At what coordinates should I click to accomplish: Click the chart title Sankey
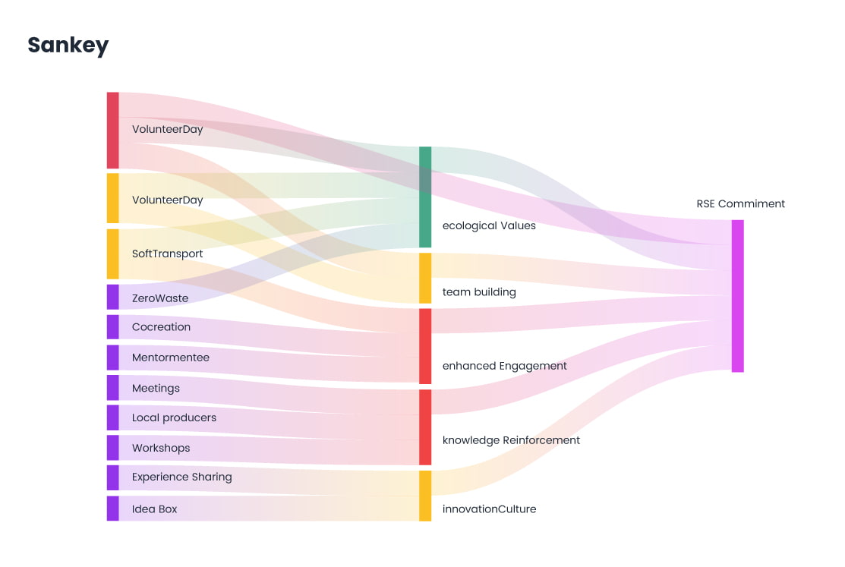68,46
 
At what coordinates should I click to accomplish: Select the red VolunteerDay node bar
112,130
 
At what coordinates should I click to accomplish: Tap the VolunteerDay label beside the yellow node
167,200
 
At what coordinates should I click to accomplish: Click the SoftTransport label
167,254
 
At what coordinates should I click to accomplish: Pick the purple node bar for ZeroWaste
112,297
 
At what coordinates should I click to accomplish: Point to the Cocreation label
161,327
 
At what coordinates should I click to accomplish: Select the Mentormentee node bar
112,358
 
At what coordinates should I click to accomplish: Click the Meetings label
156,388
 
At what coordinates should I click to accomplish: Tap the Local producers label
174,417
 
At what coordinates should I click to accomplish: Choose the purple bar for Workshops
112,448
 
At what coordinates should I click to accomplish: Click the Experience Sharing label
181,477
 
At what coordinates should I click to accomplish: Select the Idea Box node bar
112,508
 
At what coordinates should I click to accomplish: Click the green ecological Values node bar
425,197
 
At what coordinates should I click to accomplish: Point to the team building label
479,291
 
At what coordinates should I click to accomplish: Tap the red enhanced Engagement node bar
425,346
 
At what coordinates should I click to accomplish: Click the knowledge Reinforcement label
511,440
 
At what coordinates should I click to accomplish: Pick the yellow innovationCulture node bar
425,496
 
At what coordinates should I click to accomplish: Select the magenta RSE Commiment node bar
737,296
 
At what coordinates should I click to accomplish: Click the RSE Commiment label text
740,203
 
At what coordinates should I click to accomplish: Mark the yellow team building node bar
425,278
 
